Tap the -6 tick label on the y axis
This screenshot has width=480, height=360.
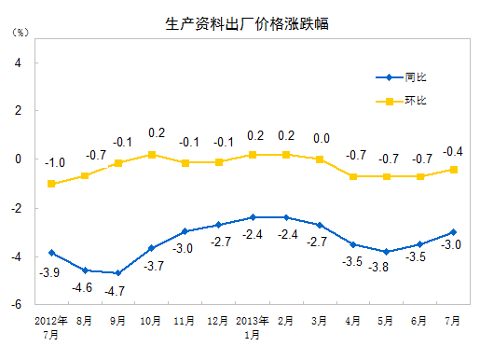[16, 304]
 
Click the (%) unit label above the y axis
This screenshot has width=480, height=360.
[20, 32]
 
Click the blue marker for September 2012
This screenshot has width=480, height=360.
[118, 273]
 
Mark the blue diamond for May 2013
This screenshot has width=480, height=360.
[386, 252]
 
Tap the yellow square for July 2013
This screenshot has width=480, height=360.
[454, 169]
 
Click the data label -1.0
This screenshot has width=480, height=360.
[54, 163]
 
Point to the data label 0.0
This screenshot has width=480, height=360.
[322, 139]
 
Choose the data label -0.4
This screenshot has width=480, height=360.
[454, 150]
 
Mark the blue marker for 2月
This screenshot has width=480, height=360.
[286, 217]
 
